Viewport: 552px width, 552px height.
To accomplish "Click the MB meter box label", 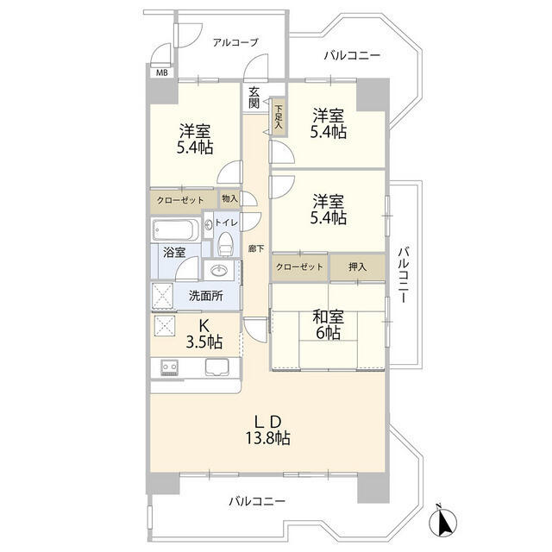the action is point(162,72).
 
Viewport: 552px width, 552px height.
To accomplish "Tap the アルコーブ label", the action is point(235,42).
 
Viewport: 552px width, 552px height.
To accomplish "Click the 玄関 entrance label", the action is point(254,97).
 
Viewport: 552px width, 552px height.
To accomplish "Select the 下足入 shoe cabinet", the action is point(279,116).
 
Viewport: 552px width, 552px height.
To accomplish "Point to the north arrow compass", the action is point(442,519).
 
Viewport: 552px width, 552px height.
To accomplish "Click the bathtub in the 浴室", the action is point(175,230).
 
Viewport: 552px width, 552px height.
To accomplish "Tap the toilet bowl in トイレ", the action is point(225,244).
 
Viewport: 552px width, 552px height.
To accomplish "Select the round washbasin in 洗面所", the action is point(219,271).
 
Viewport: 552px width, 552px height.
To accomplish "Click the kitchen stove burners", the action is point(169,368).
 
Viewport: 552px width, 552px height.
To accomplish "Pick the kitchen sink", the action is point(216,367).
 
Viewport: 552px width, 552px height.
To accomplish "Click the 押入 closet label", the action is point(357,267).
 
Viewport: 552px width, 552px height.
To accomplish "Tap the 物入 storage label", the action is point(229,199).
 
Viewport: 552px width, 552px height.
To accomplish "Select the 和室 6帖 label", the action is point(328,325).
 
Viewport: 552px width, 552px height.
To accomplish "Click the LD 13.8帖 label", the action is point(268,430).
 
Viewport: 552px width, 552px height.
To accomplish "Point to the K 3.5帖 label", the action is point(204,334).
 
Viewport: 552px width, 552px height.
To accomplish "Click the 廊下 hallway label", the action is point(256,249).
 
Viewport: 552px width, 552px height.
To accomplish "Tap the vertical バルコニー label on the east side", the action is point(404,275).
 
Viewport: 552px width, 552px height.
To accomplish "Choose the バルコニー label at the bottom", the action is point(257,501).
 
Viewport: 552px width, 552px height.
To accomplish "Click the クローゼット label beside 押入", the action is point(299,267).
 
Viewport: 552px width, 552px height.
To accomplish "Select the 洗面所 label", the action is point(206,296).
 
